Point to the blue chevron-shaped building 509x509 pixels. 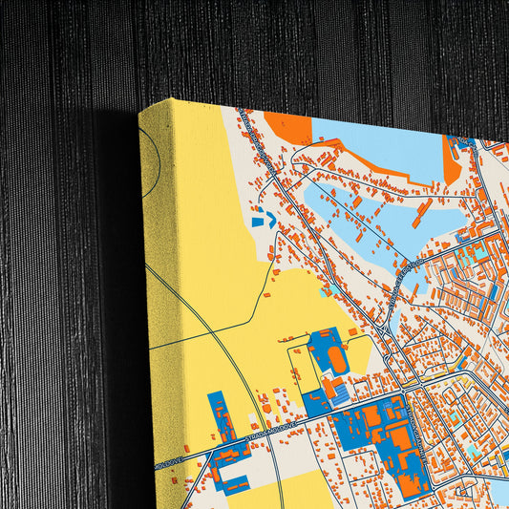pyautogui.click(x=260, y=219)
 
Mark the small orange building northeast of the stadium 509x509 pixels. pyautogui.click(x=352, y=331)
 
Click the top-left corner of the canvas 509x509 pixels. pyautogui.click(x=140, y=110)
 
